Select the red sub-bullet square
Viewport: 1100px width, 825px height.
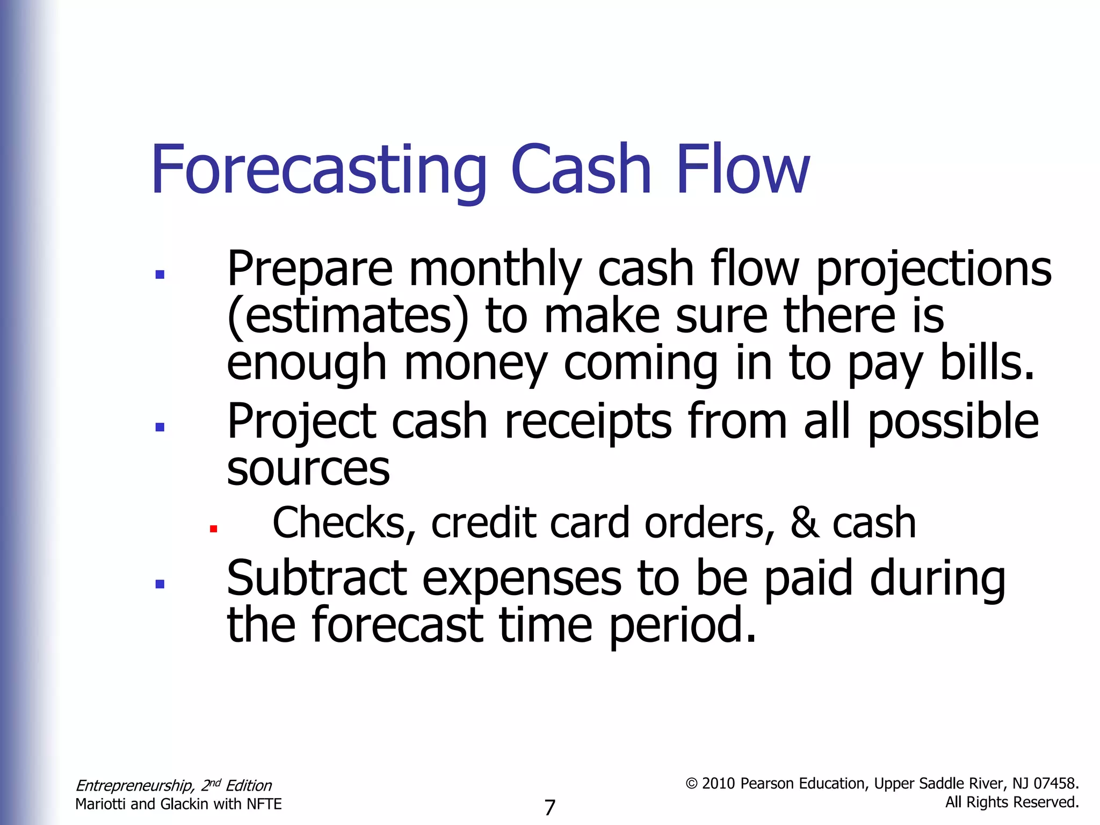[x=213, y=529]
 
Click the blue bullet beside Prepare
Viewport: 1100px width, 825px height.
[x=160, y=274]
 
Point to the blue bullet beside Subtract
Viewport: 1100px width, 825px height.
[x=160, y=584]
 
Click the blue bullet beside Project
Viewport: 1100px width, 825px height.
[x=160, y=427]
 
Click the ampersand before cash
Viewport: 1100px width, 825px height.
[x=805, y=523]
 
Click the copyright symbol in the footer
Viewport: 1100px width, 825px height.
[x=692, y=784]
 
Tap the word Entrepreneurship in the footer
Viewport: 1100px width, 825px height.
[x=135, y=786]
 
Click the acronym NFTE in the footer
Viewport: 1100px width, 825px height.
[x=264, y=804]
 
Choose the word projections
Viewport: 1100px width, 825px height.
[x=933, y=270]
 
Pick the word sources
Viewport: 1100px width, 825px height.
[x=308, y=469]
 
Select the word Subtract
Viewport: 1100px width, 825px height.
[x=316, y=579]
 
